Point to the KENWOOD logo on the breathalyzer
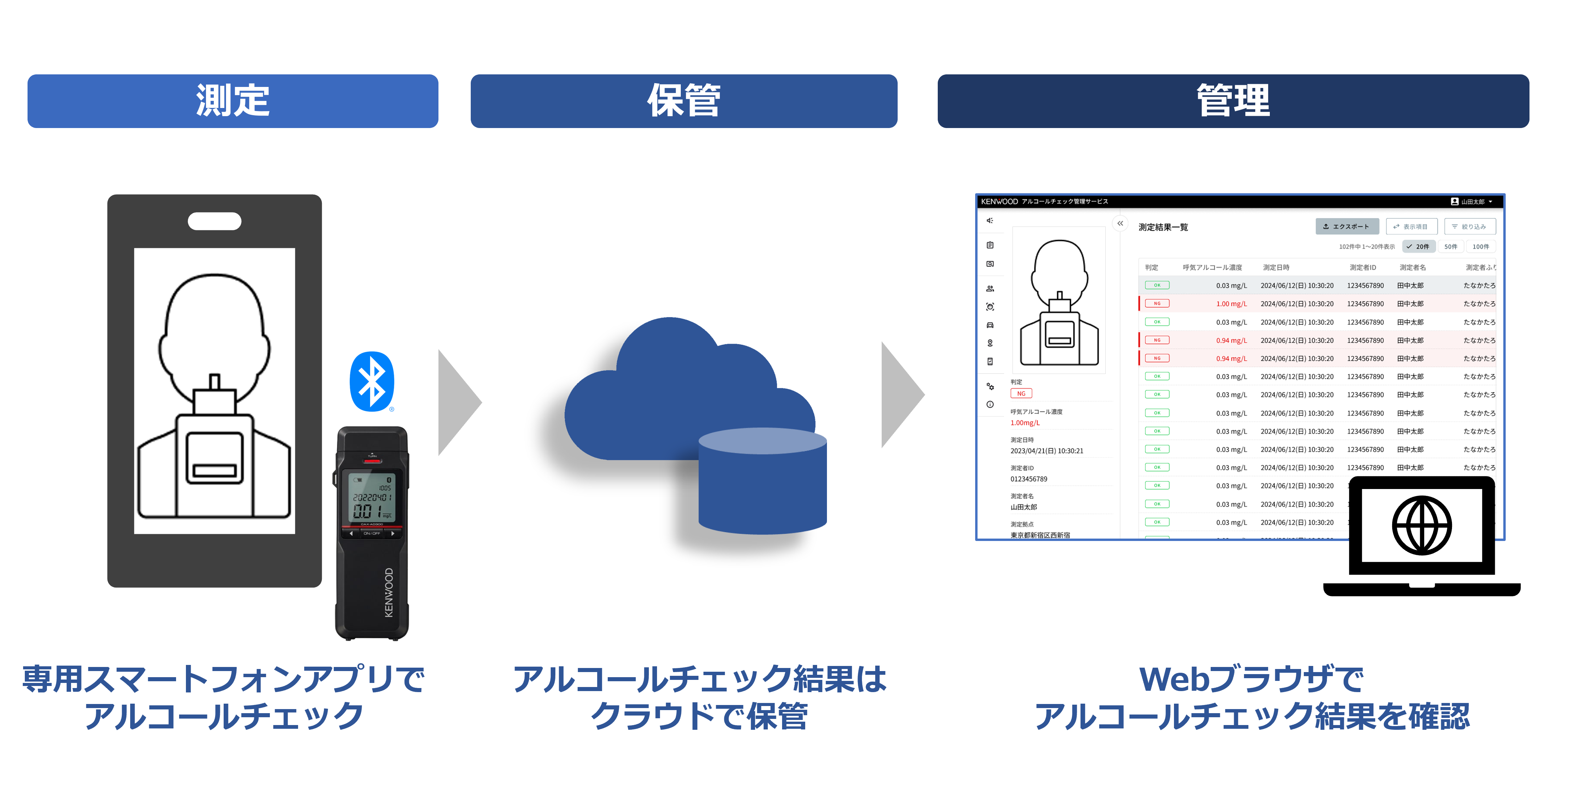coord(389,592)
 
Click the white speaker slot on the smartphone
coord(214,221)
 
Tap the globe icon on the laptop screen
coord(1421,525)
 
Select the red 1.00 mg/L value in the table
coord(1231,304)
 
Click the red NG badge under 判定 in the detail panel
coord(1021,394)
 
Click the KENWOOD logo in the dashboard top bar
coord(999,201)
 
